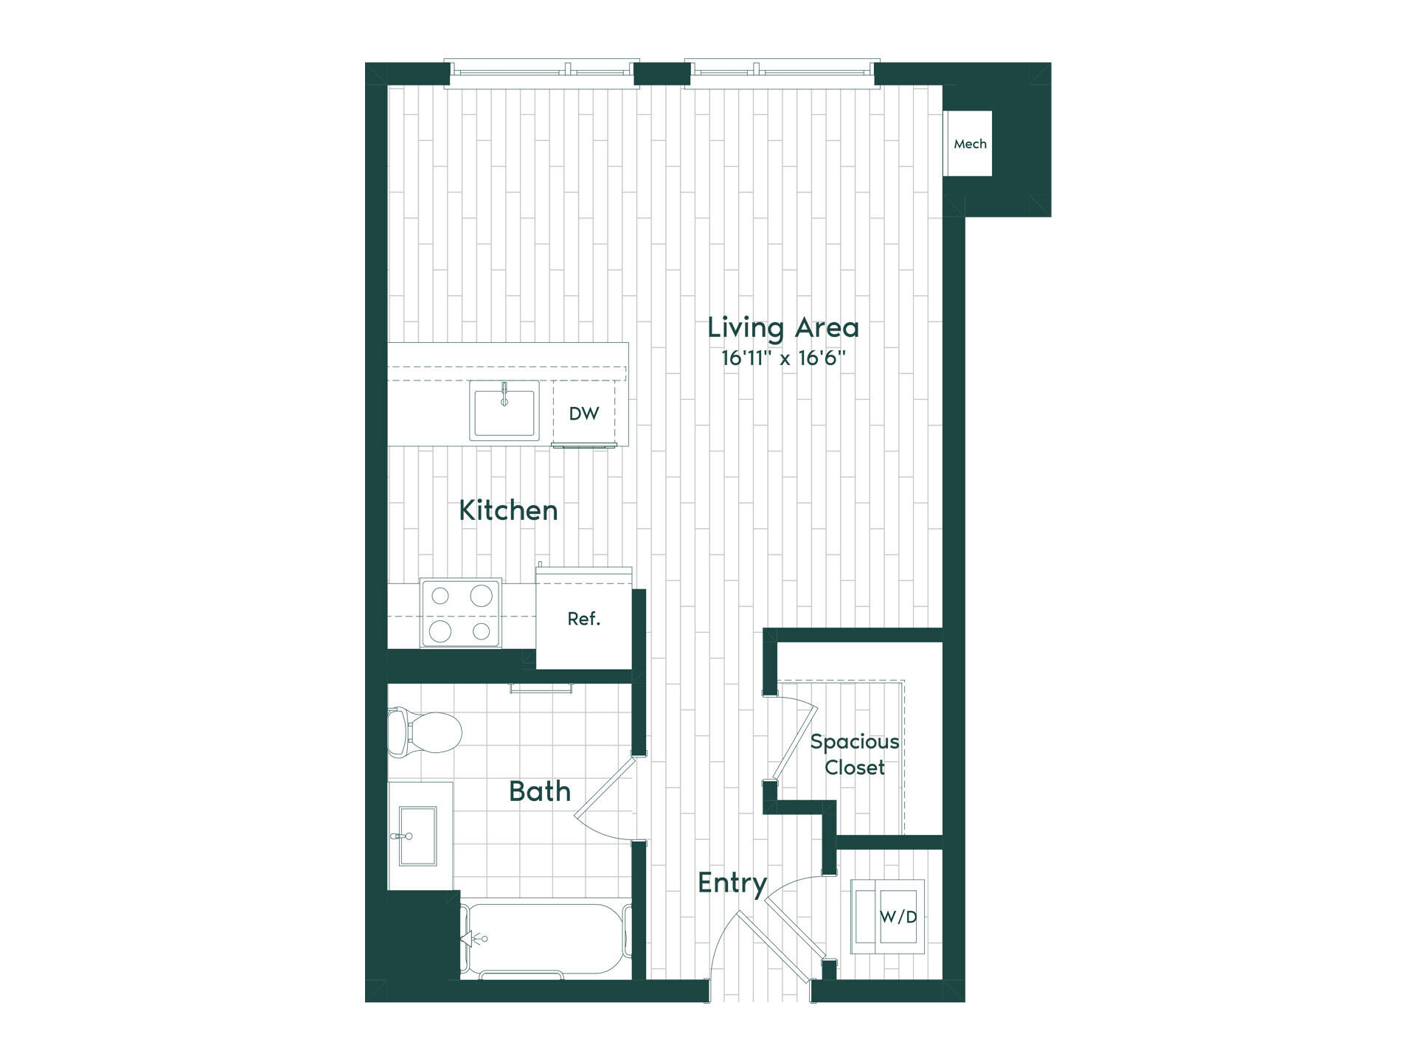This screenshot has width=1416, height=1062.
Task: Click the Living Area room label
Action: click(x=783, y=327)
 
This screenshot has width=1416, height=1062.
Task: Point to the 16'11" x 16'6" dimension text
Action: click(x=783, y=359)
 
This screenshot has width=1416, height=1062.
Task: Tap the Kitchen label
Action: click(x=508, y=510)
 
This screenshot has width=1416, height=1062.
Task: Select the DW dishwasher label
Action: click(x=584, y=414)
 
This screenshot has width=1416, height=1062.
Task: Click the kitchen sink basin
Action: click(x=505, y=410)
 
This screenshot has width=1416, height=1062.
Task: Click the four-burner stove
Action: click(x=461, y=613)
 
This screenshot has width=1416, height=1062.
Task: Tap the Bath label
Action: click(x=540, y=791)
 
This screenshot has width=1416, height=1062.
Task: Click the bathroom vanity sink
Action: click(x=417, y=836)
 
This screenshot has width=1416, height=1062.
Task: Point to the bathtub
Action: click(x=546, y=941)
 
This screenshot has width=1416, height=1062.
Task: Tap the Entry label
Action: click(x=732, y=883)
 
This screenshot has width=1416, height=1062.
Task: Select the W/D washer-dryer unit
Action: click(x=888, y=916)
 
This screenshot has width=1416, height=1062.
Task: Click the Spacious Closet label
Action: click(x=855, y=754)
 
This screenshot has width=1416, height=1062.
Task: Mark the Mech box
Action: click(x=970, y=144)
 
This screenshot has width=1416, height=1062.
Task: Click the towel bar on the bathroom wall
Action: click(x=541, y=688)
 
